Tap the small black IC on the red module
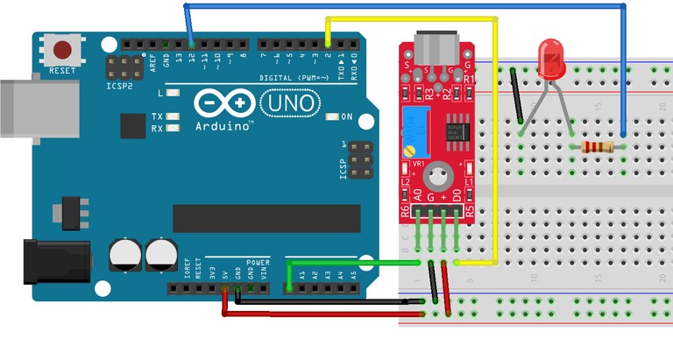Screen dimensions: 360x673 tap(456, 131)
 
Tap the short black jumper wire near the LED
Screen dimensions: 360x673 tap(517, 96)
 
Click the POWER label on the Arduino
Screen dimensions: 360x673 tap(258, 261)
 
